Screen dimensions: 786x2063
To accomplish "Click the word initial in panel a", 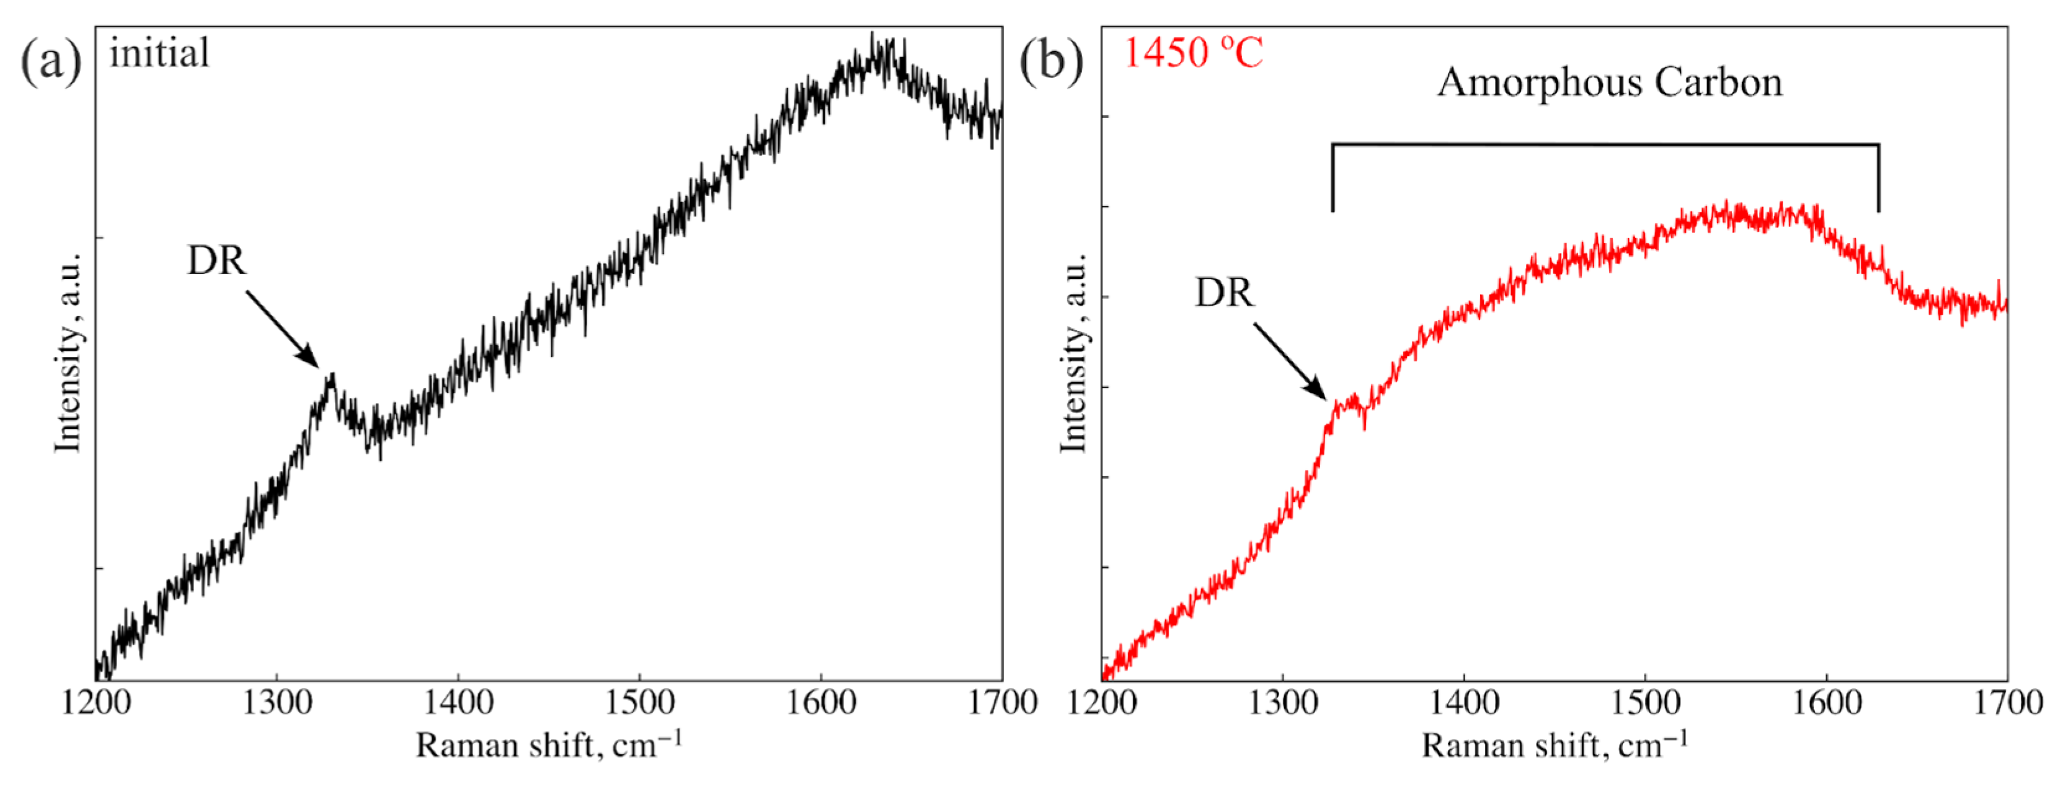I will click(159, 54).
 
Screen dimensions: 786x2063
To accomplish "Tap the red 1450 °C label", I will click(1192, 54).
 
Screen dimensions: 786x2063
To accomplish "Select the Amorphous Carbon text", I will click(1610, 82).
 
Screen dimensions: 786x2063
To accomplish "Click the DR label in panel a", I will click(216, 260).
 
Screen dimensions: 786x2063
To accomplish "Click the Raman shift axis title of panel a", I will click(549, 745).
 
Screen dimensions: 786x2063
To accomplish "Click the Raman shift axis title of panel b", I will click(1555, 745).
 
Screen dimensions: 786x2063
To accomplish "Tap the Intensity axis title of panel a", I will click(69, 353).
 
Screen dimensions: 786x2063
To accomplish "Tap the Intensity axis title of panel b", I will click(1074, 353).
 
